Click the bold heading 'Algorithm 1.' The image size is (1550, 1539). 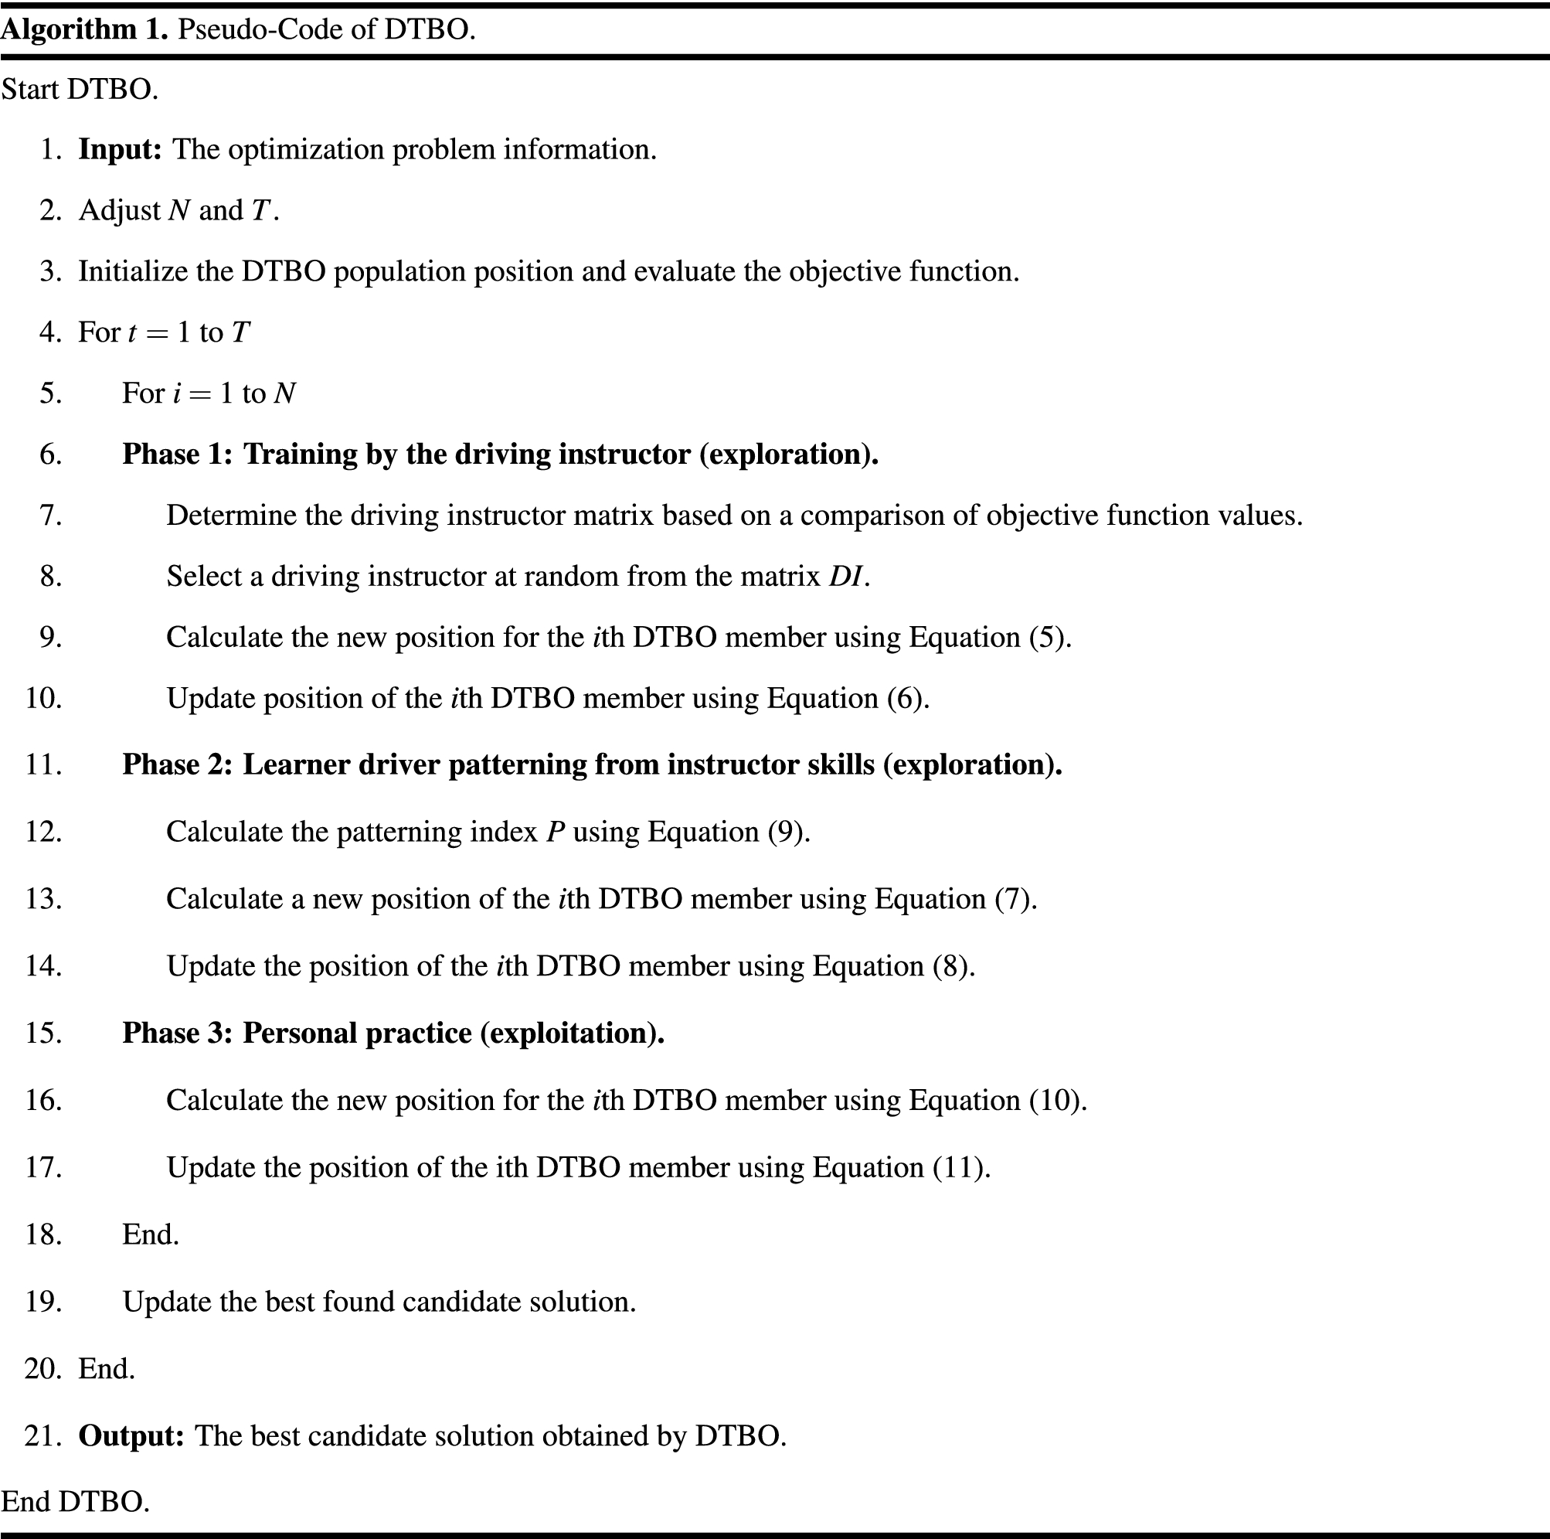83,29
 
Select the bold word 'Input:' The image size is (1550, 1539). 121,149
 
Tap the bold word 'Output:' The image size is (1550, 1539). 131,1435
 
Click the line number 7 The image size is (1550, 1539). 50,515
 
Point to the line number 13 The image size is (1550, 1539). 43,899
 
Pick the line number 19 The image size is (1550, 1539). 43,1302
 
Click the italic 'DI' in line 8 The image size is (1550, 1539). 845,576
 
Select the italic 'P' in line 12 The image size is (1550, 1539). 556,832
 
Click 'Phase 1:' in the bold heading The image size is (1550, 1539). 177,455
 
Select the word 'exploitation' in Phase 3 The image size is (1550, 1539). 569,1033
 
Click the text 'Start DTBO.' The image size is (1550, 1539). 80,89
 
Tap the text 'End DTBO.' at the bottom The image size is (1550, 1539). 76,1502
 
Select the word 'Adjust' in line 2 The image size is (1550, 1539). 120,210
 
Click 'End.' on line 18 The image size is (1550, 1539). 150,1235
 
